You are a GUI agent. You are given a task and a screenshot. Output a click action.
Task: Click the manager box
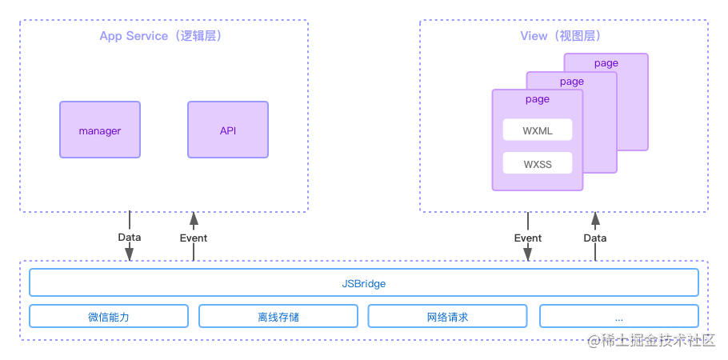pyautogui.click(x=100, y=130)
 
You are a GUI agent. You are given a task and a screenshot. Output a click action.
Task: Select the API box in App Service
pyautogui.click(x=228, y=130)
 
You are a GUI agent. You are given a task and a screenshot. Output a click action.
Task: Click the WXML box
pyautogui.click(x=537, y=130)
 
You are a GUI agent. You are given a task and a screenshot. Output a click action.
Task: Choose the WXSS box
pyautogui.click(x=537, y=164)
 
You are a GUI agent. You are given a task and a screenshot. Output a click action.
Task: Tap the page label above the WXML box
pyautogui.click(x=537, y=99)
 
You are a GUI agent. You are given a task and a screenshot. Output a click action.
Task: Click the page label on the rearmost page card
pyautogui.click(x=606, y=63)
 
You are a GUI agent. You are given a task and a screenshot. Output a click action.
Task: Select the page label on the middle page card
pyautogui.click(x=571, y=82)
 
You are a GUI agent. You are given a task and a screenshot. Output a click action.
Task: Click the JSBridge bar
pyautogui.click(x=364, y=283)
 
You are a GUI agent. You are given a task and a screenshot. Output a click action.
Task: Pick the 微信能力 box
pyautogui.click(x=109, y=317)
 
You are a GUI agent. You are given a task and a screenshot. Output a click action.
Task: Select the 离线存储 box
pyautogui.click(x=278, y=317)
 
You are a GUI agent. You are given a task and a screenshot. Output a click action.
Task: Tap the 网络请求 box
pyautogui.click(x=448, y=317)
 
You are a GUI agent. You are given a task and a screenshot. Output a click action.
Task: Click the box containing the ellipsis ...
pyautogui.click(x=618, y=317)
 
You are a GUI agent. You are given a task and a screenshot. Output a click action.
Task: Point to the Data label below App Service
pyautogui.click(x=129, y=237)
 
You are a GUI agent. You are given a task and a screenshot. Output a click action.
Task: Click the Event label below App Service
pyautogui.click(x=193, y=238)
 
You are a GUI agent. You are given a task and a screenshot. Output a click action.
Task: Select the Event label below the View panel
pyautogui.click(x=527, y=238)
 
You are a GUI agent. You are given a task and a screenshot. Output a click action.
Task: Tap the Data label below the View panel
pyautogui.click(x=594, y=238)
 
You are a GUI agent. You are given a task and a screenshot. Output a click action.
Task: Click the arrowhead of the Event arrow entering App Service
pyautogui.click(x=193, y=218)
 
